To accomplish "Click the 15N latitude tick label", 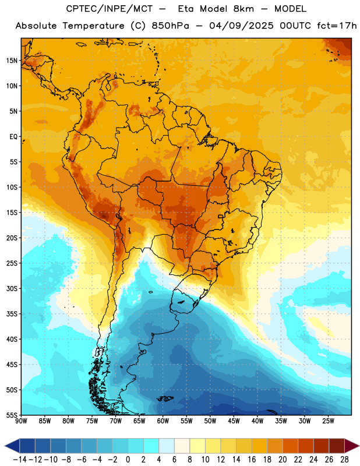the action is pyautogui.click(x=12, y=61).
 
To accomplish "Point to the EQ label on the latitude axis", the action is pyautogui.click(x=13, y=137).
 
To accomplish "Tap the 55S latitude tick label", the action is pyautogui.click(x=12, y=415).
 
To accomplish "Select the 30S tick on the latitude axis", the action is pyautogui.click(x=12, y=288).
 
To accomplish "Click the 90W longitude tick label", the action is pyautogui.click(x=21, y=421).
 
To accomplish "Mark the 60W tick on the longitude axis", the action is pyautogui.click(x=163, y=421).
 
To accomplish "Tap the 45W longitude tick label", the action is pyautogui.click(x=234, y=421).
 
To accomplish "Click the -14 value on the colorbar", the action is pyautogui.click(x=20, y=460).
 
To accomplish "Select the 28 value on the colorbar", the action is pyautogui.click(x=344, y=460).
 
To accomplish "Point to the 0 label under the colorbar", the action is pyautogui.click(x=128, y=460).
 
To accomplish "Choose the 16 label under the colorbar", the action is pyautogui.click(x=252, y=460).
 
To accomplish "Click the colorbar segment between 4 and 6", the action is pyautogui.click(x=167, y=446).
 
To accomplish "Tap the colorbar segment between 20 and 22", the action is pyautogui.click(x=291, y=446).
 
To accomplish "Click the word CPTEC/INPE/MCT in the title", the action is pyautogui.click(x=110, y=9).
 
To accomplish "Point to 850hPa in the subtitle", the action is pyautogui.click(x=170, y=26).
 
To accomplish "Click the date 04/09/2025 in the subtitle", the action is pyautogui.click(x=241, y=26).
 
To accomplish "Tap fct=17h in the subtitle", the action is pyautogui.click(x=337, y=26).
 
